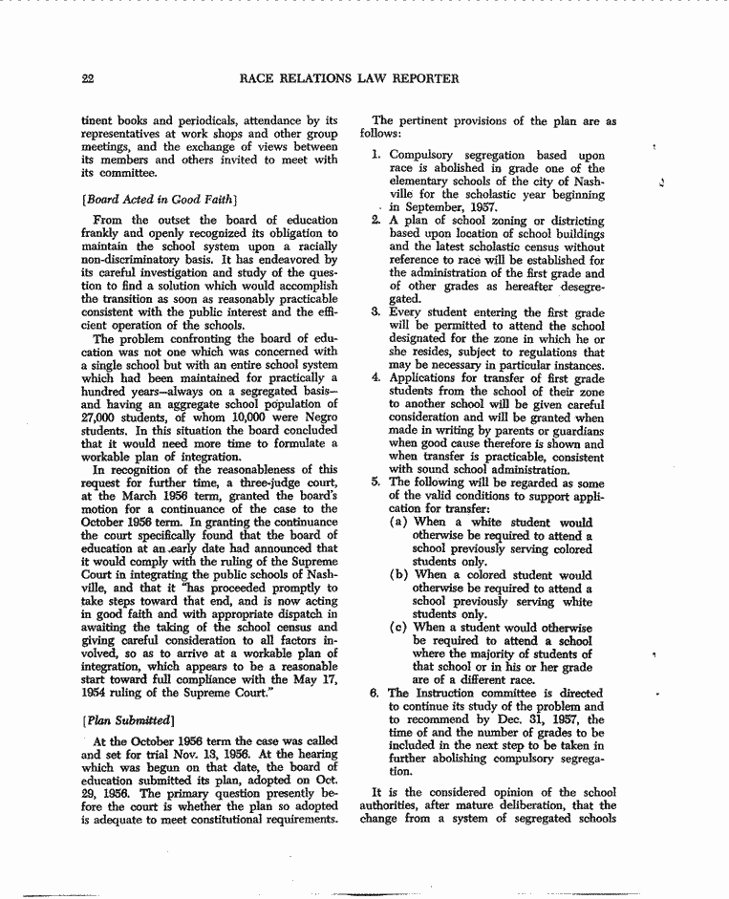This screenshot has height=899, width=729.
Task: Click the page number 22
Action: (x=88, y=78)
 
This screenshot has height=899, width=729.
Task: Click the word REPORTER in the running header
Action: (x=420, y=78)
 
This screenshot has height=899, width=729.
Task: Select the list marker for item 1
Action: (x=377, y=155)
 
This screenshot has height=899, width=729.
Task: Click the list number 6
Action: (x=376, y=693)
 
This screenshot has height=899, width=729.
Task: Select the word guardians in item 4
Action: (x=574, y=431)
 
